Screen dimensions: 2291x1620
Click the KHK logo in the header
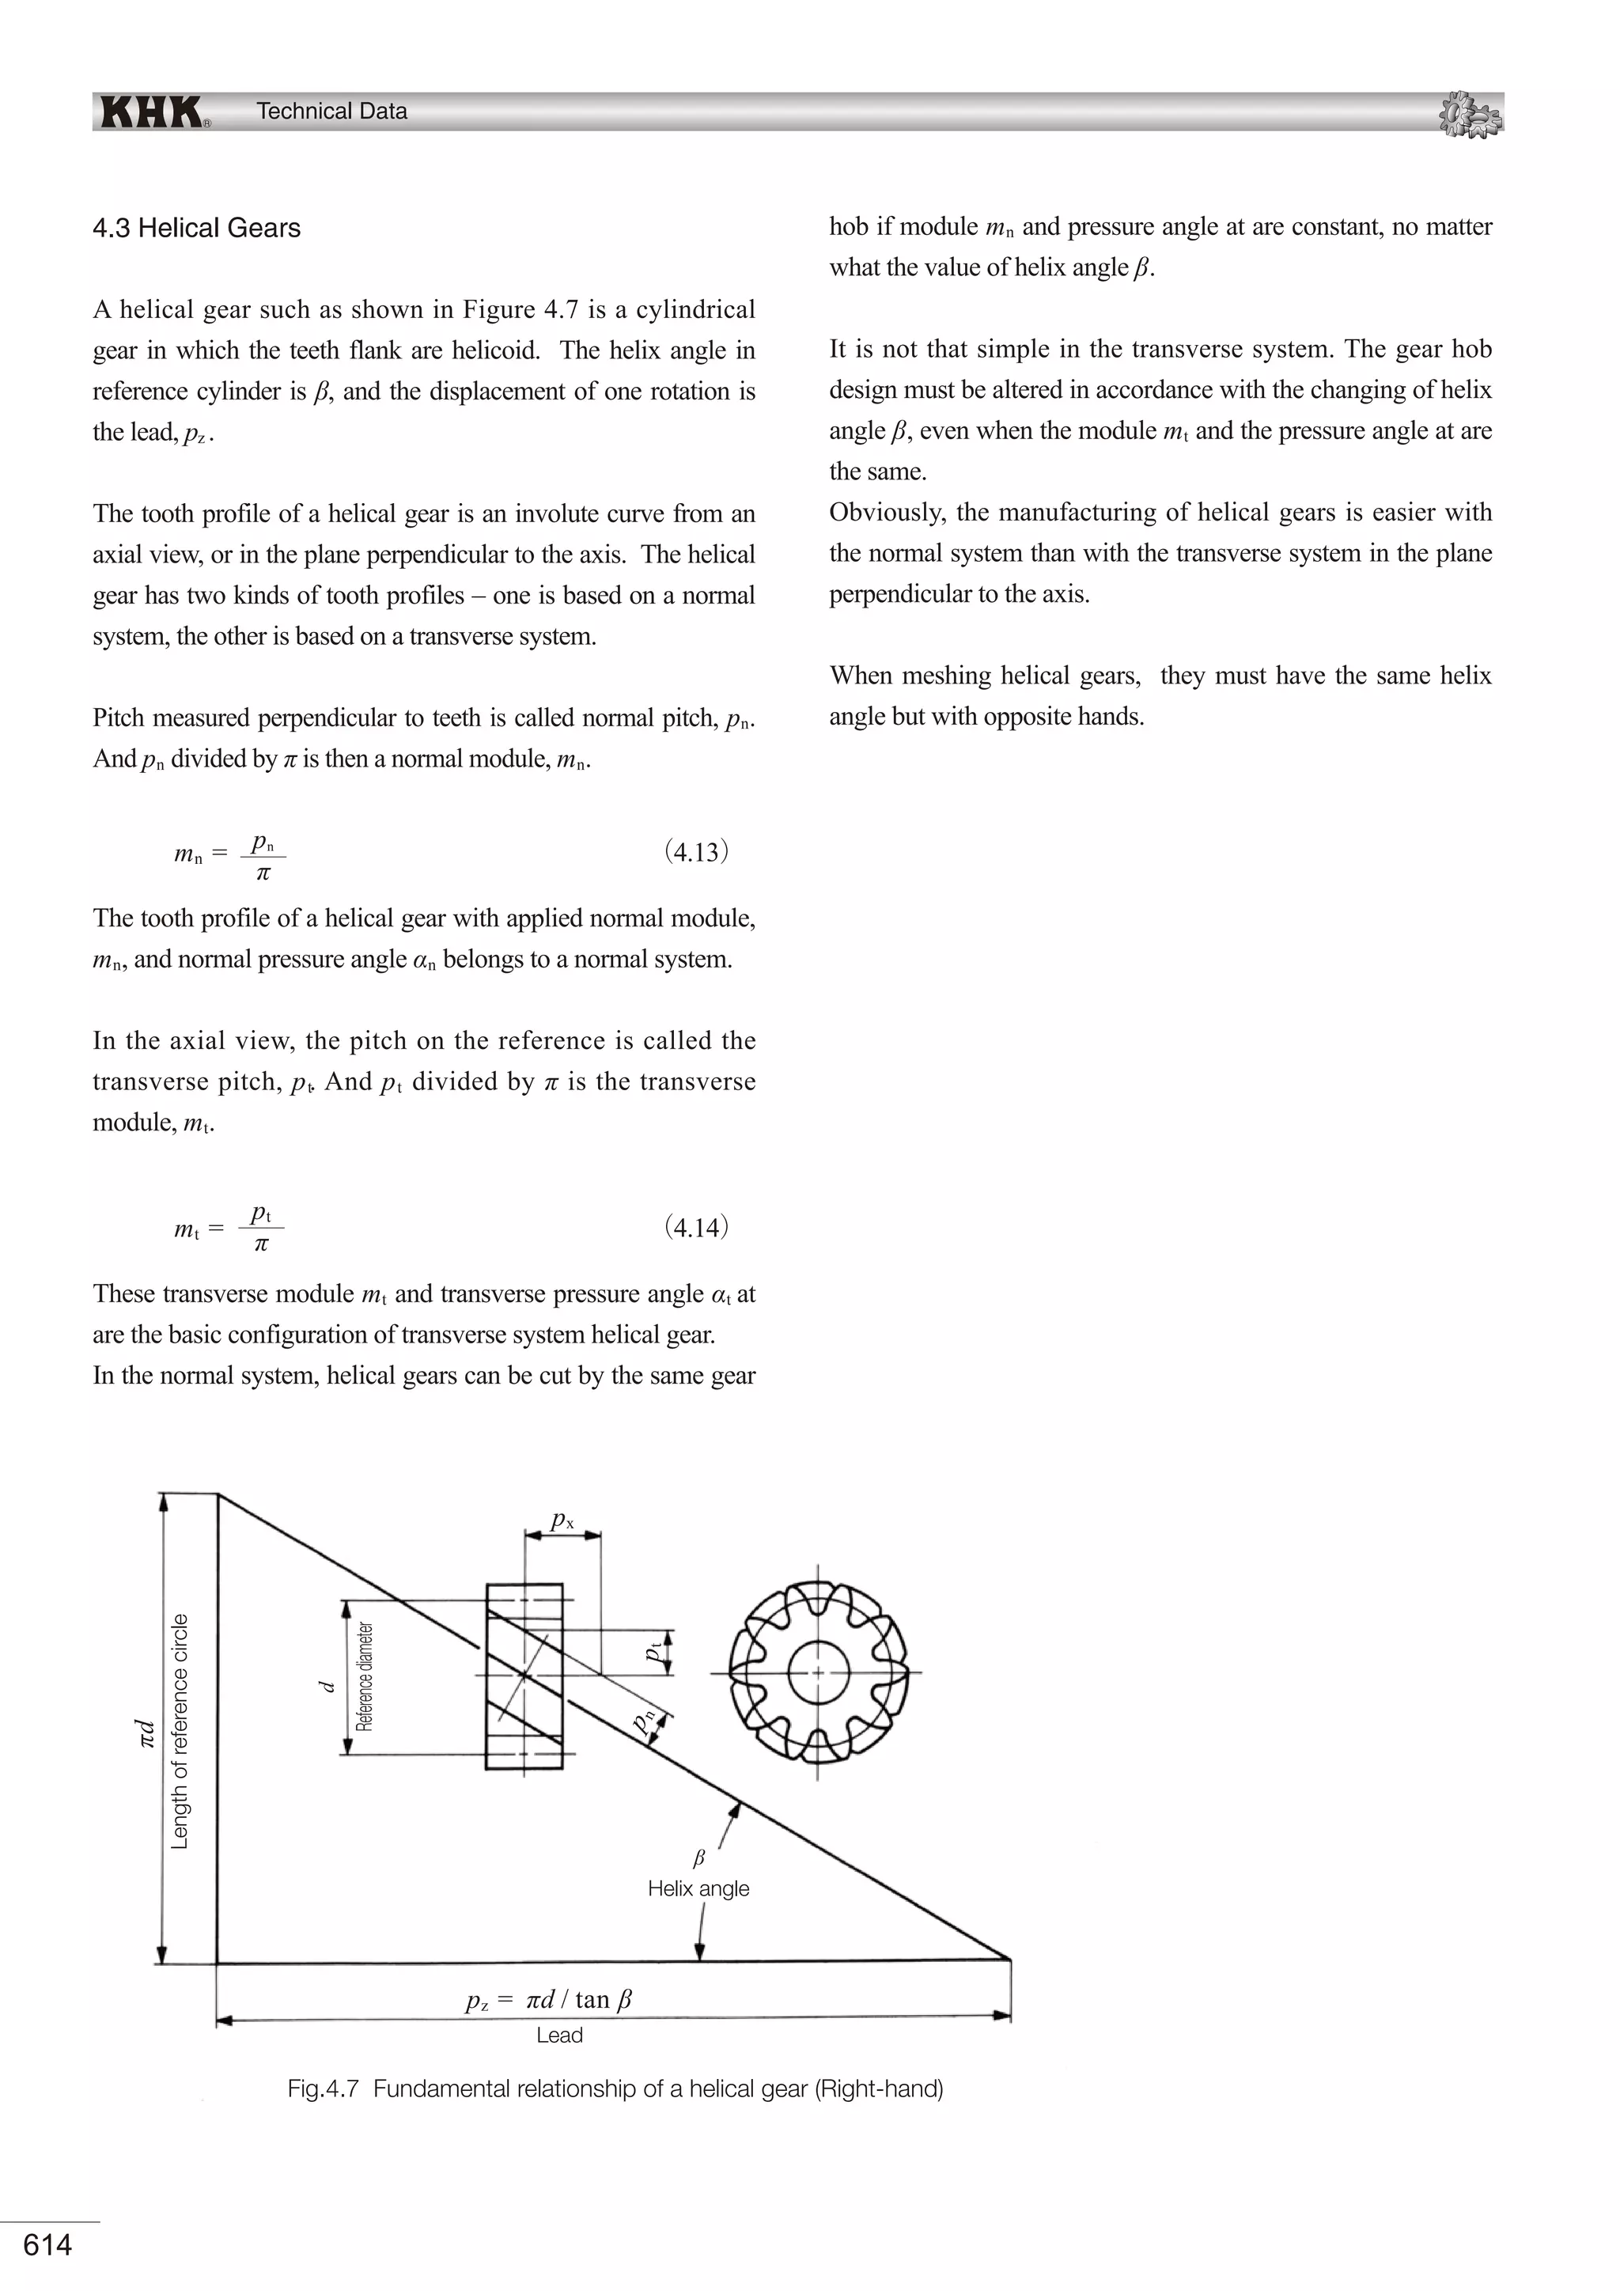(x=152, y=112)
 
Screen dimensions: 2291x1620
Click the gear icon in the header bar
(x=1470, y=114)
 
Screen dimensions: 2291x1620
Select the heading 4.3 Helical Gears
(x=196, y=229)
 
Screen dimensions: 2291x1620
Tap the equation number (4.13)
(x=696, y=851)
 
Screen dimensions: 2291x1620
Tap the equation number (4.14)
(x=696, y=1226)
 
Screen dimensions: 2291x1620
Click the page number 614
(x=47, y=2244)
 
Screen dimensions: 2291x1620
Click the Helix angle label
(x=698, y=1888)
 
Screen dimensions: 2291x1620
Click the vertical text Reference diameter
(x=365, y=1676)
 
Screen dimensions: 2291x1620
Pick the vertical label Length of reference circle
(x=180, y=1730)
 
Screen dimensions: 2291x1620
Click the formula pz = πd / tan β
(x=549, y=2000)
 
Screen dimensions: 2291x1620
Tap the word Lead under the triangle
(x=558, y=2035)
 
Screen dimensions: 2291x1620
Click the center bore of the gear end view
(x=818, y=1672)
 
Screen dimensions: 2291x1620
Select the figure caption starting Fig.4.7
(x=615, y=2088)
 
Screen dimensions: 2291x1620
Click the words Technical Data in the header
(x=331, y=112)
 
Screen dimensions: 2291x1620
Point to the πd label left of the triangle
(x=146, y=1732)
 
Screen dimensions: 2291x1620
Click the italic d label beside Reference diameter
(x=325, y=1685)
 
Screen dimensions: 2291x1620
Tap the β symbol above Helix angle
(x=698, y=1858)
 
